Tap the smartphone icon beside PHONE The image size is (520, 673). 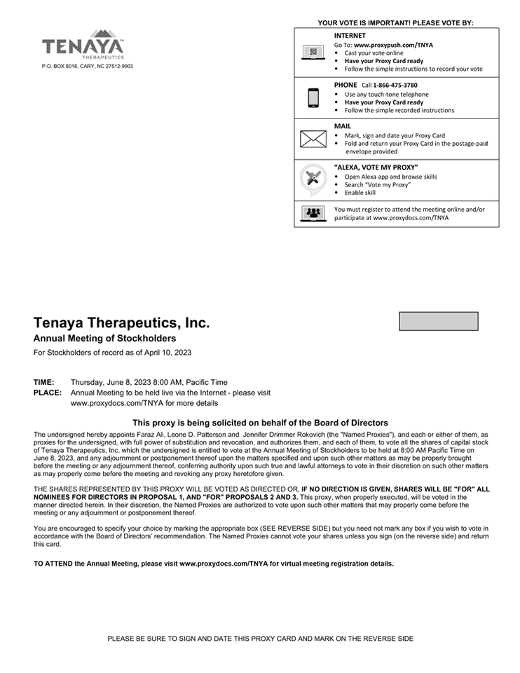(313, 98)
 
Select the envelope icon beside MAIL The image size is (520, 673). (313, 139)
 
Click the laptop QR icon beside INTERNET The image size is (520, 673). (313, 53)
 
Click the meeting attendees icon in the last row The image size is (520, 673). (313, 213)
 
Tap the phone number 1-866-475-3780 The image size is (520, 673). (395, 86)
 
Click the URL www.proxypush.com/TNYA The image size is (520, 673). (393, 45)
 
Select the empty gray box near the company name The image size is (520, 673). (439, 321)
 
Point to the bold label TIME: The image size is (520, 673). (43, 383)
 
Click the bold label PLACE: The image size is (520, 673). (48, 393)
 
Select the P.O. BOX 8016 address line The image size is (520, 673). (88, 67)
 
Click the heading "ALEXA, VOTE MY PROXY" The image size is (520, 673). (376, 168)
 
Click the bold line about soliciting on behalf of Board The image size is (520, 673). (260, 423)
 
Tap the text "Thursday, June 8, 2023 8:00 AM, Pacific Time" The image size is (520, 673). (149, 383)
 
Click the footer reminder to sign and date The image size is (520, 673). (260, 639)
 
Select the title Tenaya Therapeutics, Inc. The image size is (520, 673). (121, 323)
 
